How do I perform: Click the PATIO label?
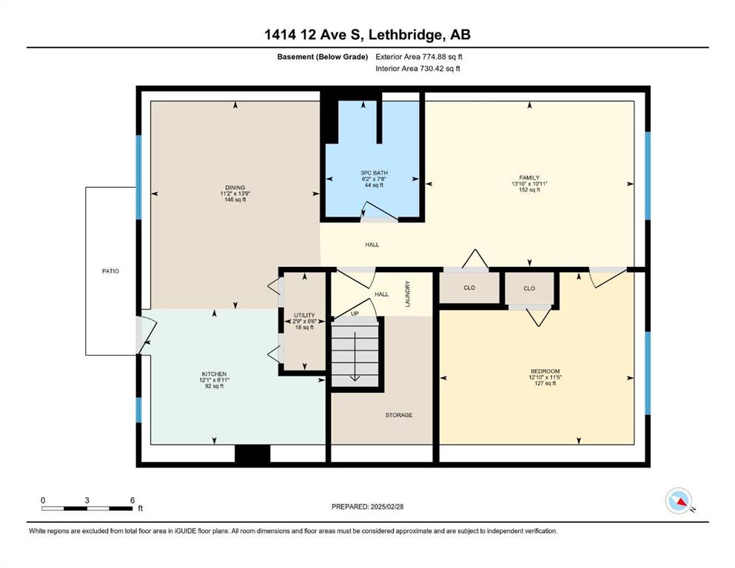coord(110,271)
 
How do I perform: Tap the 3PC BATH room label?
coord(374,173)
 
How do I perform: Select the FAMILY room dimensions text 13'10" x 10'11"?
coord(529,184)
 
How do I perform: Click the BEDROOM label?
coord(546,371)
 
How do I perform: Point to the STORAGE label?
coord(399,415)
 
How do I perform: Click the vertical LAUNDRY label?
coord(408,294)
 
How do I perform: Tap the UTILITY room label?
coord(304,315)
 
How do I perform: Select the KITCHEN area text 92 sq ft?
coord(214,386)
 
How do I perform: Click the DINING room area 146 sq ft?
coord(235,200)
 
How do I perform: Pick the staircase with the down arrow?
coord(355,353)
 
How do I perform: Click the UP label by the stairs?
coord(355,314)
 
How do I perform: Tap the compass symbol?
coord(679,501)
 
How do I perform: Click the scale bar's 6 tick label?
coord(132,500)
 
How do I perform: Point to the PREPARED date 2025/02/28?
coord(386,507)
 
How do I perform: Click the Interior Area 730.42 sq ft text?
coord(417,68)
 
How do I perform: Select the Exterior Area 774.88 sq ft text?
coord(419,57)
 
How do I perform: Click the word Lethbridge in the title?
coord(405,35)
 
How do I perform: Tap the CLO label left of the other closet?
coord(469,288)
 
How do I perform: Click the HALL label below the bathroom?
coord(372,244)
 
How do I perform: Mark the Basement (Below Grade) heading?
coord(323,57)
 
